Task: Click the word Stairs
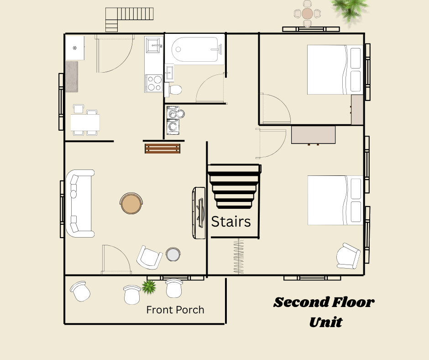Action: click(x=230, y=222)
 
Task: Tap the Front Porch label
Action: click(x=175, y=310)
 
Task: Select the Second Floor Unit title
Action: click(x=324, y=312)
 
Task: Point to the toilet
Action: click(x=174, y=89)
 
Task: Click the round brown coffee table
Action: click(x=131, y=203)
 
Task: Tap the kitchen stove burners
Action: click(x=154, y=84)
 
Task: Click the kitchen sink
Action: click(x=154, y=46)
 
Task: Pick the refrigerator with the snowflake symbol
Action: click(x=75, y=48)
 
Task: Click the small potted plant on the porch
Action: click(x=148, y=287)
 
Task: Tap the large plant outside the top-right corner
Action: click(x=350, y=7)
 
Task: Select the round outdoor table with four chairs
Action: click(x=307, y=13)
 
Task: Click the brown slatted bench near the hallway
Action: click(x=162, y=148)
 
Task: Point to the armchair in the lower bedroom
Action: click(x=348, y=256)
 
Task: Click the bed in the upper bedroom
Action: click(x=335, y=69)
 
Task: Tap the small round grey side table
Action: click(x=173, y=254)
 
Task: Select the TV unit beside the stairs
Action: click(x=199, y=212)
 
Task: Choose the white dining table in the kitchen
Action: click(x=85, y=122)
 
